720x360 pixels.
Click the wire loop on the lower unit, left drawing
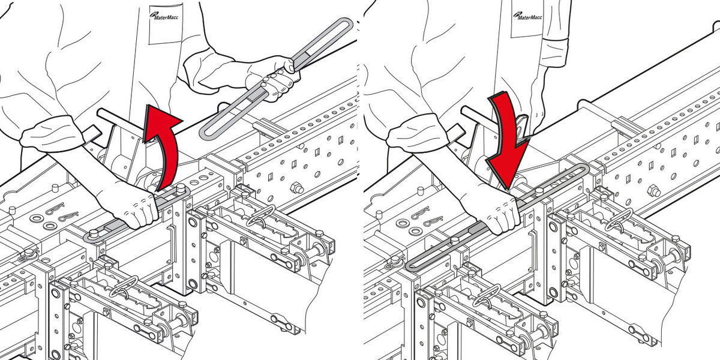127,286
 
